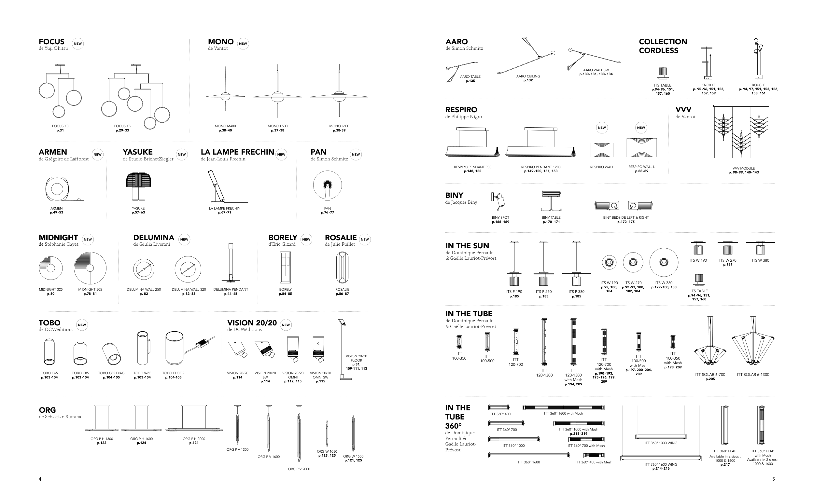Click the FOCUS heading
51,42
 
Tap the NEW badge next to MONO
243,44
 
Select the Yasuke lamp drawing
138,186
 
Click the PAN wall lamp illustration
327,185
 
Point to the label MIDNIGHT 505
90,290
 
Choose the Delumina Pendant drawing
231,263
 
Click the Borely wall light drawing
286,268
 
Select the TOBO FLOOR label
174,373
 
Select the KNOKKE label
709,85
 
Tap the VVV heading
683,110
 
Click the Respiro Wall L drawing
641,148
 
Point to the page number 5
773,479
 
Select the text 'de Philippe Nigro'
463,117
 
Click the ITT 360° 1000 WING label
661,443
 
